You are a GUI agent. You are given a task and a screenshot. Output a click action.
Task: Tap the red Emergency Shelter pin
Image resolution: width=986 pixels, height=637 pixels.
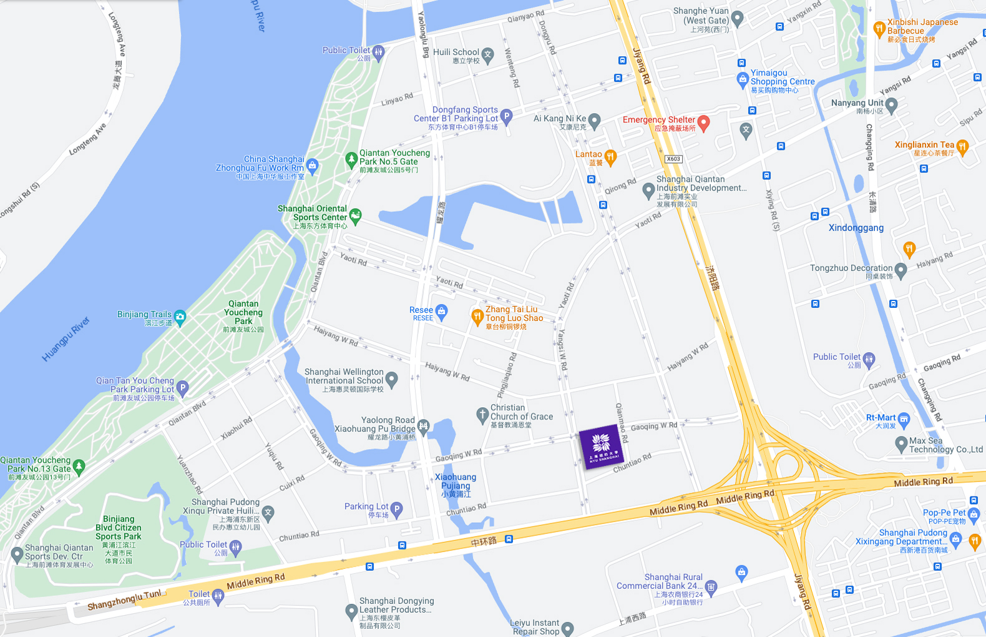click(x=703, y=122)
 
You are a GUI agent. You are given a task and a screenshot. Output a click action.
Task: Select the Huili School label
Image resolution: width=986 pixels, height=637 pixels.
click(x=456, y=53)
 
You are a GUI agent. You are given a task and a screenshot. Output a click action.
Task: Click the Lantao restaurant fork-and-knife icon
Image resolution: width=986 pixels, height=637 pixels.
click(x=610, y=156)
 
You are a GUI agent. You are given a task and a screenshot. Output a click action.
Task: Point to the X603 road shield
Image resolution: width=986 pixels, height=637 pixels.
click(x=673, y=159)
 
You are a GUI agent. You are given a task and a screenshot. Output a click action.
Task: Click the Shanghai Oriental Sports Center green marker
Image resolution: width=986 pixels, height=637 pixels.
click(x=355, y=215)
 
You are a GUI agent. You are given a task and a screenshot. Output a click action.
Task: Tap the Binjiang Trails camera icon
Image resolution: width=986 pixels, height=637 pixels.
click(x=180, y=317)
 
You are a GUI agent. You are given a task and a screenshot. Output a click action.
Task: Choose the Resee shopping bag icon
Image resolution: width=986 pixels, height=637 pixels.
click(x=442, y=311)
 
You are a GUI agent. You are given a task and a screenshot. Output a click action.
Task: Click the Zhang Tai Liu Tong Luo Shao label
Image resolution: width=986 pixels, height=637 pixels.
click(x=514, y=314)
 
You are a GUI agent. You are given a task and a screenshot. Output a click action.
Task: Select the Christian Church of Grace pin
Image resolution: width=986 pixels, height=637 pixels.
click(x=482, y=414)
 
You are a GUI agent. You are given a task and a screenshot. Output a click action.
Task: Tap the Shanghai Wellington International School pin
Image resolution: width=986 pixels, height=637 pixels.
click(x=391, y=378)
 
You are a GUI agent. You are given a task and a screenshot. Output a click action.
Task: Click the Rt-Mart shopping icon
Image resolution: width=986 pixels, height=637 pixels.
click(x=904, y=419)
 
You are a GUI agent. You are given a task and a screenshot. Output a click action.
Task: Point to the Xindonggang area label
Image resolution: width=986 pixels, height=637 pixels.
click(x=856, y=228)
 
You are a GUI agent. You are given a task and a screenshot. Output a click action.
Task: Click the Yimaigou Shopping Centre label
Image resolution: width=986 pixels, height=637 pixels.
click(x=783, y=78)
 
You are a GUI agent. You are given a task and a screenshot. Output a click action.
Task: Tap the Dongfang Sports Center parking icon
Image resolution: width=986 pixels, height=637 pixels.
click(x=506, y=116)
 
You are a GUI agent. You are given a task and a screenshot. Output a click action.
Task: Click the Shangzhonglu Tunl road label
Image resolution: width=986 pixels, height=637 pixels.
click(x=124, y=600)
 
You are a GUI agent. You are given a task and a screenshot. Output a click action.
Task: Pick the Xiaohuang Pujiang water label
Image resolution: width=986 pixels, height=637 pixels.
click(x=456, y=485)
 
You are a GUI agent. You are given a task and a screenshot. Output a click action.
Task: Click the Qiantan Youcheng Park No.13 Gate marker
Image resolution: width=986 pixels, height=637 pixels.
click(x=79, y=466)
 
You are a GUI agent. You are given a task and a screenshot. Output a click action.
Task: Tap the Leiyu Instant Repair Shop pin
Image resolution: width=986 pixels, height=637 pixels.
click(x=567, y=628)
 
